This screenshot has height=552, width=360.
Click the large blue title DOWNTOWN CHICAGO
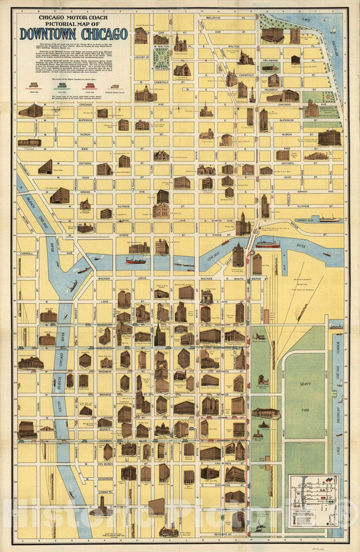(x=74, y=34)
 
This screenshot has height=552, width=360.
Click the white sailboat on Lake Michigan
(x=332, y=30)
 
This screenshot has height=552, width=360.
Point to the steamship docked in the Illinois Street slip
(x=329, y=219)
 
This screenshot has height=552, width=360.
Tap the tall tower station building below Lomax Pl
(x=102, y=506)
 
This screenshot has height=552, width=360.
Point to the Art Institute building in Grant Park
(x=265, y=412)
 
